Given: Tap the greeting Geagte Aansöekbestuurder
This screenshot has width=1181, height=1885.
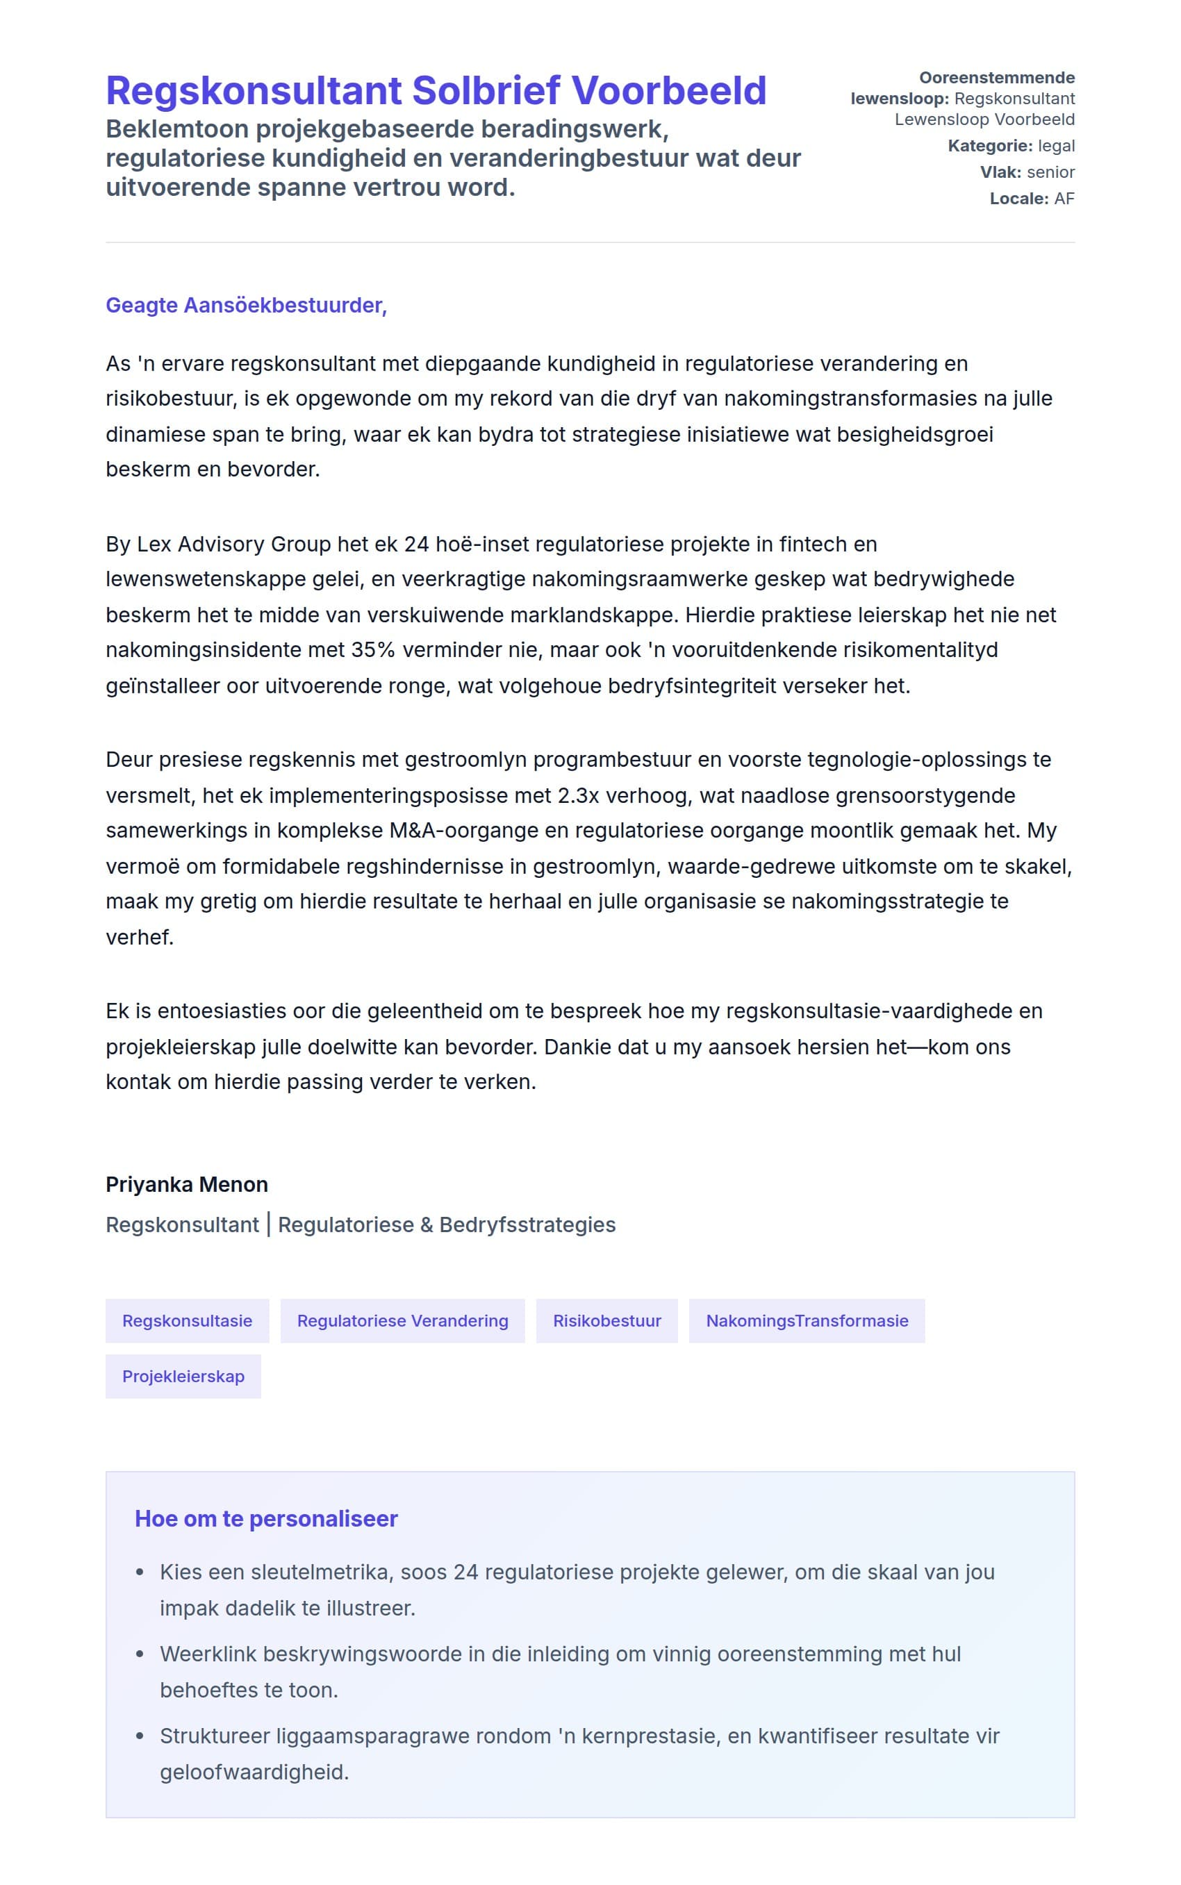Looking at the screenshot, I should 246,306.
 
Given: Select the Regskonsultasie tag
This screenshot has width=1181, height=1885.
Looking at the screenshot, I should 188,1320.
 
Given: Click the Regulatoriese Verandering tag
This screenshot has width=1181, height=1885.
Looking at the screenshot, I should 402,1320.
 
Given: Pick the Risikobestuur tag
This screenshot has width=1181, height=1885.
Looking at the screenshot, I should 607,1320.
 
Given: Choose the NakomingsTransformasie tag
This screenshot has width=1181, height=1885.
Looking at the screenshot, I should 807,1320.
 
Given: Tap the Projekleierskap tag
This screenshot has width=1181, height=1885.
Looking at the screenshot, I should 183,1376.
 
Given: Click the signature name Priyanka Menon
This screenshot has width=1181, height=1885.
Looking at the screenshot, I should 187,1185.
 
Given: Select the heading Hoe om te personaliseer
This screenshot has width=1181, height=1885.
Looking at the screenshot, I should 266,1519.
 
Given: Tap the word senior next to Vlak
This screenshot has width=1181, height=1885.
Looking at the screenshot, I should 1050,172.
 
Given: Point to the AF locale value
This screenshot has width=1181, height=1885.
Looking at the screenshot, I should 1064,199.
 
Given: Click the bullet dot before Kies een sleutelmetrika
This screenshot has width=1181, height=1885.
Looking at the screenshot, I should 140,1572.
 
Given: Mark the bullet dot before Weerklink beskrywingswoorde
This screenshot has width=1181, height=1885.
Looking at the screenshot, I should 140,1654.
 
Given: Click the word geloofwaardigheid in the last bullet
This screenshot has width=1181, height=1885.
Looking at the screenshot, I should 254,1772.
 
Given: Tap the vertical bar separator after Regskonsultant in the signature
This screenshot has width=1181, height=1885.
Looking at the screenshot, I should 269,1224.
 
